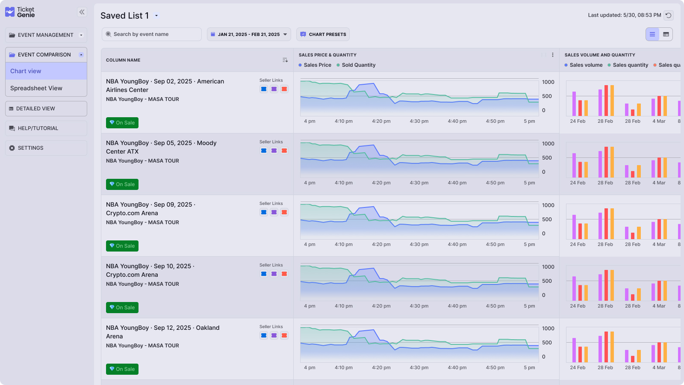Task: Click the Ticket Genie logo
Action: [x=20, y=12]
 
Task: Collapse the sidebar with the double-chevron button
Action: [x=82, y=12]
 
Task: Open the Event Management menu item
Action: [x=46, y=35]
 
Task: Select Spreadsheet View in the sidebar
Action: [x=36, y=88]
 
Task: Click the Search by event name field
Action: [x=152, y=34]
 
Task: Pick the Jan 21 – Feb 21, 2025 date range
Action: [x=249, y=34]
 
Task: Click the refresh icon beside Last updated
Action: [x=669, y=15]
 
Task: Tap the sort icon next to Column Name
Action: [x=285, y=60]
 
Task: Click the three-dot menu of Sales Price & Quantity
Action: [x=553, y=55]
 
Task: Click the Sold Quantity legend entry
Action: [x=358, y=65]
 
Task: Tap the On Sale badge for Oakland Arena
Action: [x=122, y=369]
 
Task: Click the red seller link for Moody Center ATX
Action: [x=284, y=151]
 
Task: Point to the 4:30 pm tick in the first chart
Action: [x=419, y=121]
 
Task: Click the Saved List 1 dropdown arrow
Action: [x=156, y=16]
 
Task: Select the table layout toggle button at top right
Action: [x=666, y=34]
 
